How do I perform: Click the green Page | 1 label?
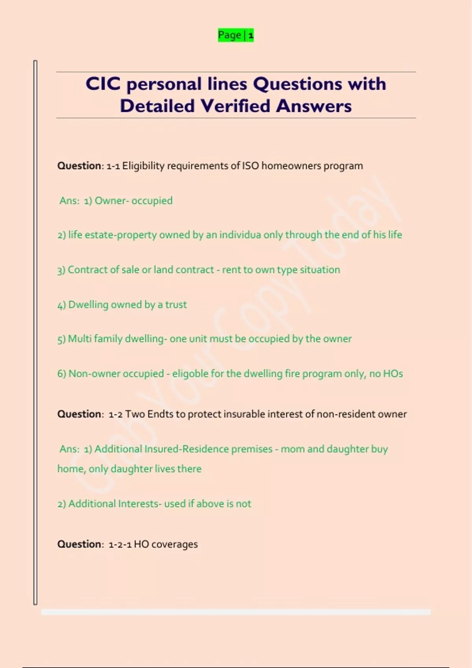236,35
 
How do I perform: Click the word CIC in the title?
103,84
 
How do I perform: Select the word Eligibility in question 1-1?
143,166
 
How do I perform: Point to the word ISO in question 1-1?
250,166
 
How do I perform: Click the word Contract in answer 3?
87,270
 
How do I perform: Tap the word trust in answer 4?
176,305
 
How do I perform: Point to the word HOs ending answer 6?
393,374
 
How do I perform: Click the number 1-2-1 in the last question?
120,545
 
